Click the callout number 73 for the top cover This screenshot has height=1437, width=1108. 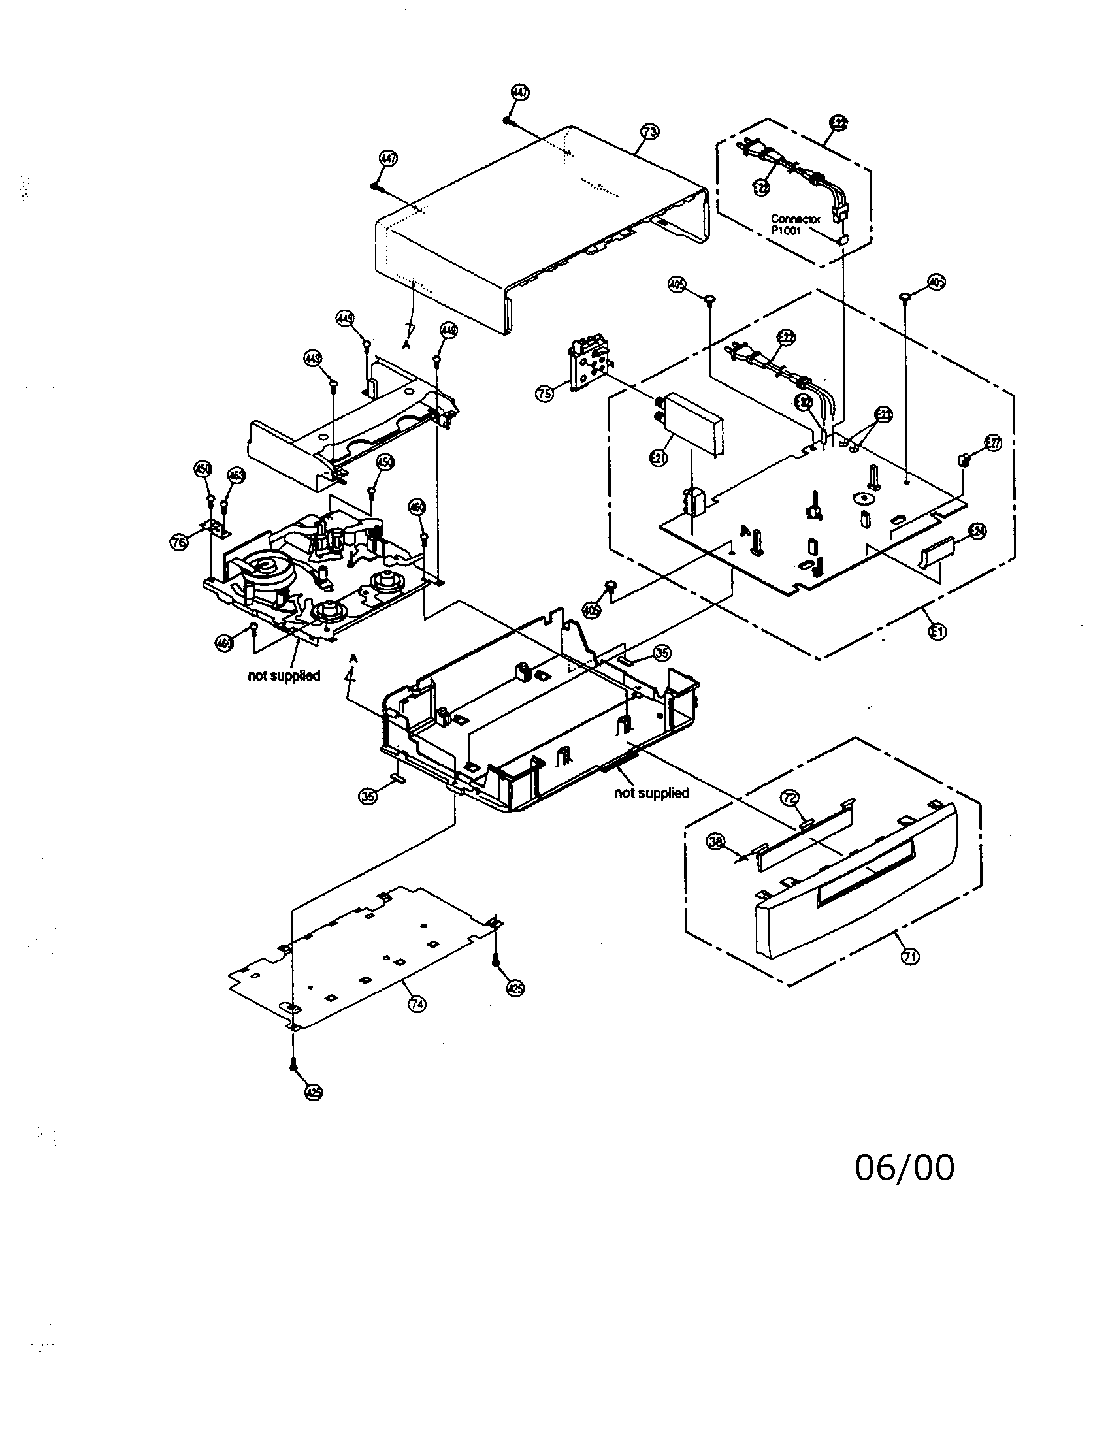pyautogui.click(x=649, y=132)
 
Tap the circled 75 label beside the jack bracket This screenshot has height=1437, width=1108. pyautogui.click(x=544, y=394)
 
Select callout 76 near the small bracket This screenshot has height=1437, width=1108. pyautogui.click(x=178, y=541)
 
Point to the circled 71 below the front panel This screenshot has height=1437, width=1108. pyautogui.click(x=910, y=957)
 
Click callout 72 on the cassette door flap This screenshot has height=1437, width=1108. pyautogui.click(x=790, y=798)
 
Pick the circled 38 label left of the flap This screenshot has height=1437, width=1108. pyautogui.click(x=716, y=841)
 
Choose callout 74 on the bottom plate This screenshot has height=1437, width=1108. pyautogui.click(x=417, y=1003)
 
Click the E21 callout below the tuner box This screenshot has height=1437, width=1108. pyautogui.click(x=658, y=459)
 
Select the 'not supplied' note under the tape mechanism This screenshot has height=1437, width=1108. pyautogui.click(x=284, y=676)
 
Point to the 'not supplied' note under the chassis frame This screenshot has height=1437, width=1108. pyautogui.click(x=651, y=793)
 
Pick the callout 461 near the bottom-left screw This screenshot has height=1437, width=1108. pyautogui.click(x=224, y=643)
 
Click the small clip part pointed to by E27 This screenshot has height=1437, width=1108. pyautogui.click(x=963, y=460)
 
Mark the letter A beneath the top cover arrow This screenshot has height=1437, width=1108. pyautogui.click(x=406, y=344)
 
